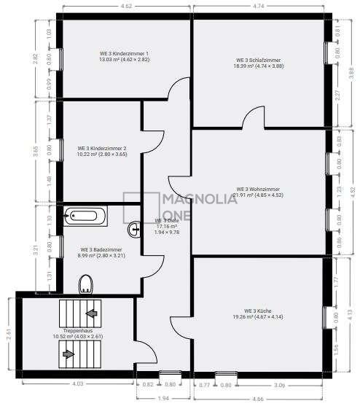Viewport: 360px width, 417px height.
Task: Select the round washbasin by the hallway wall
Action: coord(134,230)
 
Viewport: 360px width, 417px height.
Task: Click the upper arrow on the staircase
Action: coord(92,313)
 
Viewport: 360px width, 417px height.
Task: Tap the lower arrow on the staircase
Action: coord(68,354)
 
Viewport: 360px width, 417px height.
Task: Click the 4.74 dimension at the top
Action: coord(257,7)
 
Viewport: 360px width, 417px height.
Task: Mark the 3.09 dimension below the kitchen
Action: coord(280,384)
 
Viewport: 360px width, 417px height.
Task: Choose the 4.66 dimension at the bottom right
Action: coord(259,400)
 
